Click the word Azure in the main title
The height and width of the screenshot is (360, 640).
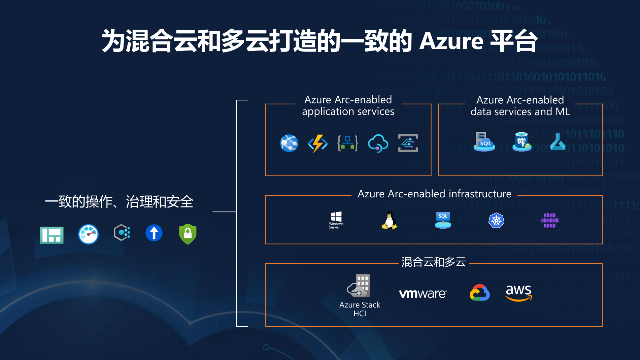[x=451, y=41]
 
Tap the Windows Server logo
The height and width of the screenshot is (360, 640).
[x=336, y=220]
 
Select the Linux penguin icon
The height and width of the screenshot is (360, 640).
[x=389, y=220]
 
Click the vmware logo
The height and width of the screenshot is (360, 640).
[x=423, y=294]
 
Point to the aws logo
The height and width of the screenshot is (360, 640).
[x=519, y=292]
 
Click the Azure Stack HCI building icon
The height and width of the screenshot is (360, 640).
[x=359, y=286]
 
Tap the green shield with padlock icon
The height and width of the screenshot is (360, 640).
[x=188, y=234]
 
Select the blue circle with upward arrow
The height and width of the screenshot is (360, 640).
[x=154, y=233]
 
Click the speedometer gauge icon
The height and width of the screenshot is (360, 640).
[x=89, y=234]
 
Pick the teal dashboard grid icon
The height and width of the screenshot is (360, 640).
[x=52, y=235]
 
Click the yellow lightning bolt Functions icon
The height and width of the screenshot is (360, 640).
[x=317, y=143]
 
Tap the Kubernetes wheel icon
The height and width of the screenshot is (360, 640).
[x=496, y=221]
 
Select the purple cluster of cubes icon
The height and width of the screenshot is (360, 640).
[x=550, y=220]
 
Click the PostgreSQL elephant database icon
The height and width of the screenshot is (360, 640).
[x=522, y=142]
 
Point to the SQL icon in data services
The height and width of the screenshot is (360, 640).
[x=484, y=142]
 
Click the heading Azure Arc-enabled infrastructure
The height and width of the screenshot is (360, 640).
[x=434, y=194]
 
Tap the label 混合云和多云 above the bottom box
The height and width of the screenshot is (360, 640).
[x=434, y=262]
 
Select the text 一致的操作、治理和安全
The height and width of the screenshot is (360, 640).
[x=119, y=202]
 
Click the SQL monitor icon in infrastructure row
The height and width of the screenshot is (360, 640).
[x=443, y=220]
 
